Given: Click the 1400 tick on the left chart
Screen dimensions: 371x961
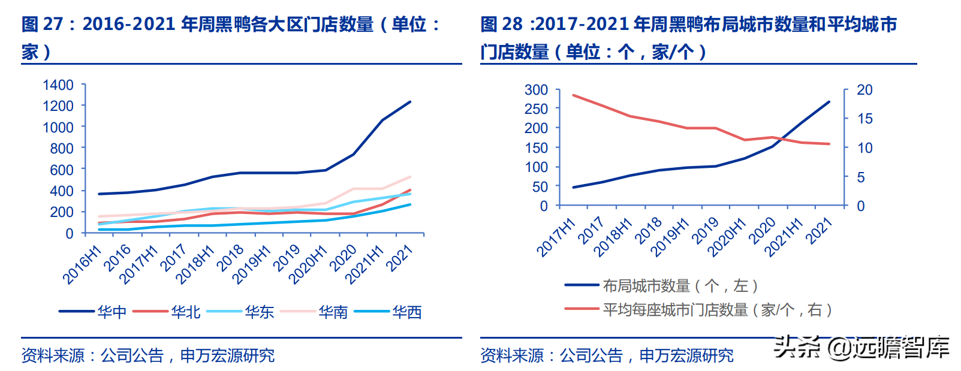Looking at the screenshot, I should tap(58, 85).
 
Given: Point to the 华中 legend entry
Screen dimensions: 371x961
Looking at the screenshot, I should tap(112, 312).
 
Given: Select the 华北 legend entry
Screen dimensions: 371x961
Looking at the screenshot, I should tap(185, 312).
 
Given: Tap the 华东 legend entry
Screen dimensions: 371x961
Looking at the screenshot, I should tap(259, 312).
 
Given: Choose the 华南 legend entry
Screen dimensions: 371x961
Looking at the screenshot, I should tap(333, 312).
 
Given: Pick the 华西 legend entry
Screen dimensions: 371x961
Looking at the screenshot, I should tap(406, 312).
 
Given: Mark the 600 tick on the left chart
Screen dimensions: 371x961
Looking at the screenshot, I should tap(62, 170).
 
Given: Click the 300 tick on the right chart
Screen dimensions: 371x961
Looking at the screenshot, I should tap(536, 90).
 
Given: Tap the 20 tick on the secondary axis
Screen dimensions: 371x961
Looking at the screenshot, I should tap(864, 90).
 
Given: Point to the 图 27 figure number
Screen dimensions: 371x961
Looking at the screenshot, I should tap(42, 24).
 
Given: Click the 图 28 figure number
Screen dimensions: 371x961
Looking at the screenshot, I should tap(502, 24).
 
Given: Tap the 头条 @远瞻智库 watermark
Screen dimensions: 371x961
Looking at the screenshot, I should tap(862, 348).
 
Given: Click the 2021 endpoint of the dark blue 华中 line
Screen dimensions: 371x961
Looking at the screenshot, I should tap(411, 102).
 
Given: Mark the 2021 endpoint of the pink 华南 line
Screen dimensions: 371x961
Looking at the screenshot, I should tap(411, 177).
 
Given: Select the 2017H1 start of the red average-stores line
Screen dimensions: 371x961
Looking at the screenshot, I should tap(574, 95).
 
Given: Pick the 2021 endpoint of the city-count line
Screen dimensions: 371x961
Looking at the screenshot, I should tap(830, 102).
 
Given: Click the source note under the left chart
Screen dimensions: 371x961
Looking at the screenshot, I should tap(147, 355).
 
